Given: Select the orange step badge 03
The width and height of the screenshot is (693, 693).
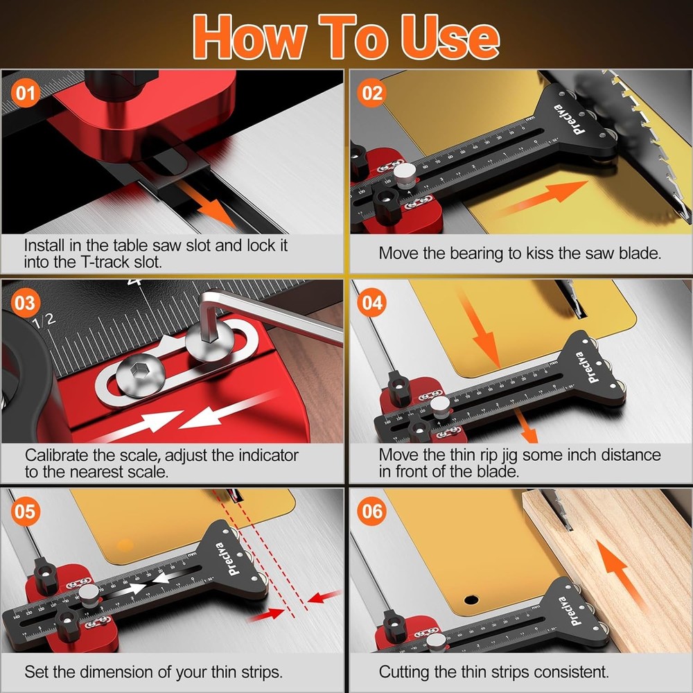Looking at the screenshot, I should [25, 303].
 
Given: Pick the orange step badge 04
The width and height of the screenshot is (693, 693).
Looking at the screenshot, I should [373, 303].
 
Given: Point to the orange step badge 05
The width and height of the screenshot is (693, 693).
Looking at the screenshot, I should [25, 512].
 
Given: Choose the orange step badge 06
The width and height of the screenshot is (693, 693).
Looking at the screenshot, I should [373, 512].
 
